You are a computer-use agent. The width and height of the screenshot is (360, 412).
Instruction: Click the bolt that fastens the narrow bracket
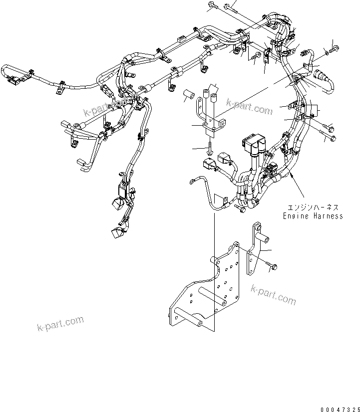point(272,267)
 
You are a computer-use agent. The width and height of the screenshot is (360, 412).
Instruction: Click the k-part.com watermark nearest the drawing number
point(274,294)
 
